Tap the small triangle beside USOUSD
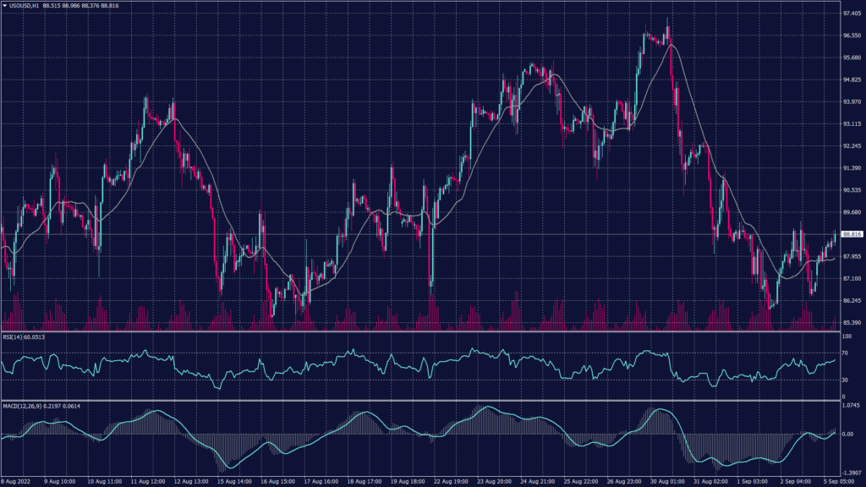pyautogui.click(x=4, y=6)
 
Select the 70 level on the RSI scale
pyautogui.click(x=844, y=353)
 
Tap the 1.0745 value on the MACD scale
pyautogui.click(x=849, y=406)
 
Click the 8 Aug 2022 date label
pyautogui.click(x=17, y=481)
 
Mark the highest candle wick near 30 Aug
pyautogui.click(x=668, y=18)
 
